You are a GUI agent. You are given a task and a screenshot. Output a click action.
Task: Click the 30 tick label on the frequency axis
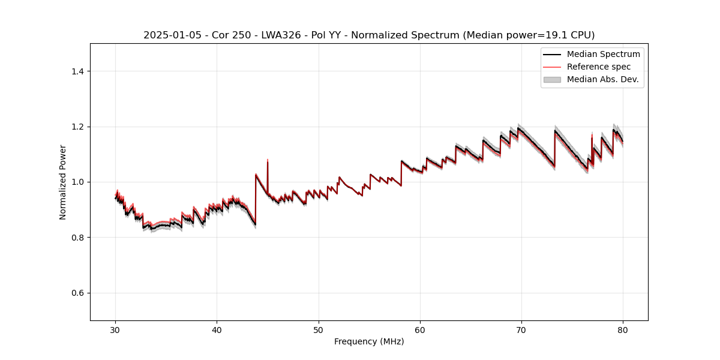[x=116, y=329]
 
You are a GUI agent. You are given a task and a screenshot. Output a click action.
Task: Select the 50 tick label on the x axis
[x=319, y=329]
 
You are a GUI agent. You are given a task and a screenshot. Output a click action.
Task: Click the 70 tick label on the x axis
[x=521, y=329]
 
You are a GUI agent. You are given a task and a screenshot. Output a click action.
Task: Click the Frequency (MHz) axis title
[x=369, y=341]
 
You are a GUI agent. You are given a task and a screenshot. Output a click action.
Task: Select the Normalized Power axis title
[x=62, y=182]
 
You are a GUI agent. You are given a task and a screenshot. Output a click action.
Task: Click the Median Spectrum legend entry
[x=603, y=54]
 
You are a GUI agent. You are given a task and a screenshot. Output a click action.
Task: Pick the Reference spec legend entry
[x=598, y=67]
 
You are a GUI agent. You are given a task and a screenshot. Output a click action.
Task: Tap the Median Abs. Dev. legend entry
[x=602, y=79]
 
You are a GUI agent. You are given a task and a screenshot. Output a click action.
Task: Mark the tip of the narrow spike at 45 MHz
[x=268, y=160]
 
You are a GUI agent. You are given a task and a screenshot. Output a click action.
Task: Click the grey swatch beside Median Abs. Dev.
[x=552, y=79]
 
